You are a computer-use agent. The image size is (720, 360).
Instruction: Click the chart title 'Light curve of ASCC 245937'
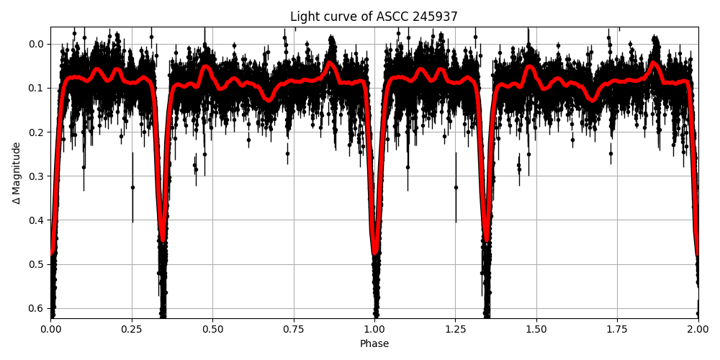tap(374, 17)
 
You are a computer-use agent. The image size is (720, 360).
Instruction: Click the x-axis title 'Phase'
tap(374, 344)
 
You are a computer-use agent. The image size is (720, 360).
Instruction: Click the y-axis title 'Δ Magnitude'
tap(17, 173)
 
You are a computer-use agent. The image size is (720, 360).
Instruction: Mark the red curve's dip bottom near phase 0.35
tap(163, 240)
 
